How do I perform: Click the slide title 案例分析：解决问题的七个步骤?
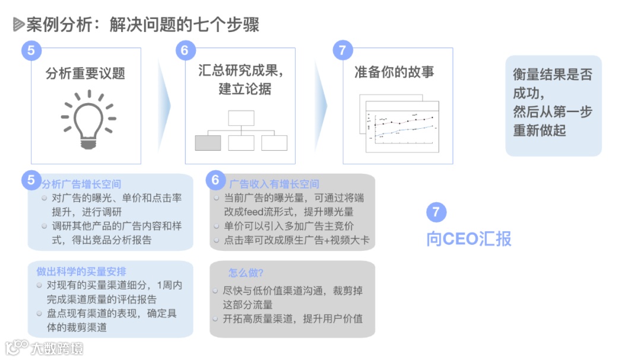pos(142,24)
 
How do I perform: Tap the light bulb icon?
pos(88,119)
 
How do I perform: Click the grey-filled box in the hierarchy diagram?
pos(208,143)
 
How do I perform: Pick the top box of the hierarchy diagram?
pos(241,118)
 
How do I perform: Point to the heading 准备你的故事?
pos(394,72)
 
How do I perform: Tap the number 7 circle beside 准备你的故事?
pos(342,50)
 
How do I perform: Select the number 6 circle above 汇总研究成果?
pos(185,50)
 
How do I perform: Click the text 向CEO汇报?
pos(469,238)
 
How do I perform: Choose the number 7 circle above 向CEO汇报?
pos(436,212)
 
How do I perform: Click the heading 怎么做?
pos(246,273)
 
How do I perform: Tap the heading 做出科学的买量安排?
pos(81,272)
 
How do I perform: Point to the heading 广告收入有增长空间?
pos(274,184)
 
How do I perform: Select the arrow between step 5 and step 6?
pos(164,106)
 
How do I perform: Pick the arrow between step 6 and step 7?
pos(320,106)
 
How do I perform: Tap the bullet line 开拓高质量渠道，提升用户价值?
pos(293,318)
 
